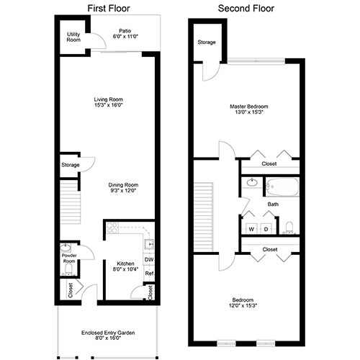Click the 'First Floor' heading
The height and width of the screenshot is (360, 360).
coord(109,9)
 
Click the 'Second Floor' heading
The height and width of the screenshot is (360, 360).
coord(246,9)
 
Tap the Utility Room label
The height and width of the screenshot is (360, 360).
coord(73,37)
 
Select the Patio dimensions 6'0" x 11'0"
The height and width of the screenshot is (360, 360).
coord(125,37)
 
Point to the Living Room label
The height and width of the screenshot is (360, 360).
coord(108,99)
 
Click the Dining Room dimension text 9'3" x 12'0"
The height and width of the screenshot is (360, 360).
coord(123,191)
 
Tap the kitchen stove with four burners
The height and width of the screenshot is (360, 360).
coord(112,228)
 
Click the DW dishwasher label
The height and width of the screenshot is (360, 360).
coord(149,259)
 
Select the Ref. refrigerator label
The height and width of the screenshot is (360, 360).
coord(150,274)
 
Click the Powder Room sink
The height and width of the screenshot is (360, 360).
coord(66,248)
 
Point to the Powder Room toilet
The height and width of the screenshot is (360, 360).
coord(69,270)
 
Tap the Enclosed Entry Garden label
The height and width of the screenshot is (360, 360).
coord(108,333)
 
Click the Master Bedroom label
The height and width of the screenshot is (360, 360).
coord(249,107)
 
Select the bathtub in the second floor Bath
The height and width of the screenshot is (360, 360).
coord(282,186)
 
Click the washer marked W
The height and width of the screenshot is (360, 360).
coord(251,229)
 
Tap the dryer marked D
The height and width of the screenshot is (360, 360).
coord(266,229)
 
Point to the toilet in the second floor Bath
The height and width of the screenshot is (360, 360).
coord(289,227)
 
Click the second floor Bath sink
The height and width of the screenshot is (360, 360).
coord(252,183)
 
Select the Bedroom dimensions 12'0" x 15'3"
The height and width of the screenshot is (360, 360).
coord(243,305)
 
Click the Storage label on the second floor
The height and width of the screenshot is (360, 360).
coord(207,42)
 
